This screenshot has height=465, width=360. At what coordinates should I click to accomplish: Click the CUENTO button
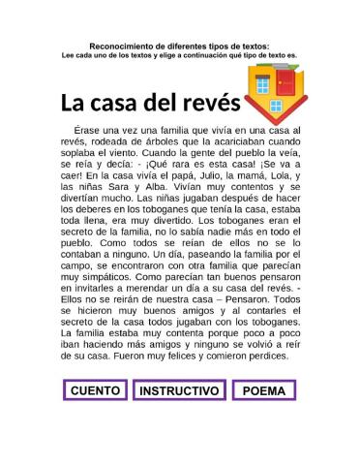95,391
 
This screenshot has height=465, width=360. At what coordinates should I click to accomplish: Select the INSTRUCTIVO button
179,391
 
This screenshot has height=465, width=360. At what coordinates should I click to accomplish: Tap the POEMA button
263,391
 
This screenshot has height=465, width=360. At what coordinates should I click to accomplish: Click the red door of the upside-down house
285,84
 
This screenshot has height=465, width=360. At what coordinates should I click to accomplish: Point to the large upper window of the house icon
262,84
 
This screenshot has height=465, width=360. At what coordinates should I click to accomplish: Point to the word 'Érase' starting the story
92,130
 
